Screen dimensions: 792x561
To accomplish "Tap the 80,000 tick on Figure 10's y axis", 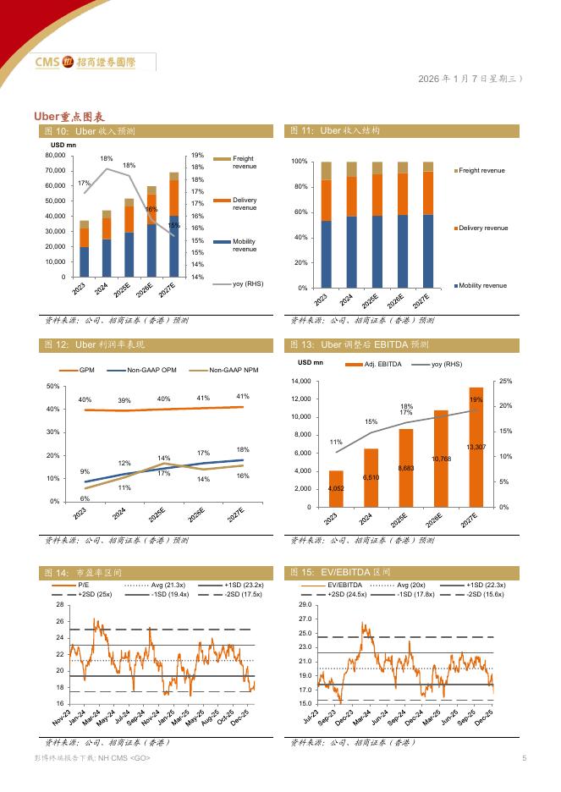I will (53, 156).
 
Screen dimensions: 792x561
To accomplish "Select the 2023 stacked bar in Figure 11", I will (327, 224).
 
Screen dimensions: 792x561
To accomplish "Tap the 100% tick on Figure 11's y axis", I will (299, 162).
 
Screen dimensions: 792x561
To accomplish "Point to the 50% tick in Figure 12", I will (52, 387).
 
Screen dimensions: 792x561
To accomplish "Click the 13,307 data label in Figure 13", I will (476, 446).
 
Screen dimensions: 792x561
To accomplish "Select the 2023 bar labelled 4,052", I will (336, 488).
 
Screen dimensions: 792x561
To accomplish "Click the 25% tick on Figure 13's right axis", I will (505, 382).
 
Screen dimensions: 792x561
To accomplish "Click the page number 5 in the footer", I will (524, 758).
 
